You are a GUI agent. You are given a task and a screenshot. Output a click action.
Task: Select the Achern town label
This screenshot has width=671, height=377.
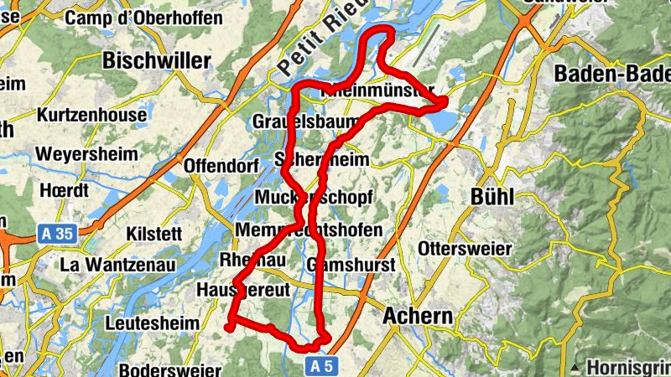(417, 317)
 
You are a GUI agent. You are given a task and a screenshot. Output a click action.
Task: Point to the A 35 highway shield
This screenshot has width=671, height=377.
(57, 235)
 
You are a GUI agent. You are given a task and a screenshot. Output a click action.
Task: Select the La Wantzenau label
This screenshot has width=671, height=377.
(117, 265)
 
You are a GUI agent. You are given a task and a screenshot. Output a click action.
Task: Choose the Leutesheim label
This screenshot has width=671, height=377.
(153, 323)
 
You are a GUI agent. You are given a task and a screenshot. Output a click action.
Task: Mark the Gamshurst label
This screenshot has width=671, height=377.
(339, 265)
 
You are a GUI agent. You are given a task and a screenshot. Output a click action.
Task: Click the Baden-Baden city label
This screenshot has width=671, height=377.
(611, 74)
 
